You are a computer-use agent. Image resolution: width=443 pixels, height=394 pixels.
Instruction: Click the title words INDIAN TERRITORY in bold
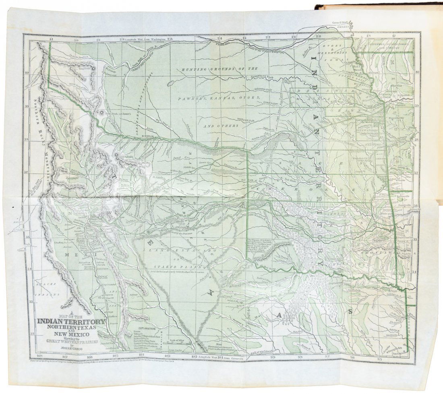coord(71,321)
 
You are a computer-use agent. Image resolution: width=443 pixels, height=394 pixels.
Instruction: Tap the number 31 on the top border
coord(51,39)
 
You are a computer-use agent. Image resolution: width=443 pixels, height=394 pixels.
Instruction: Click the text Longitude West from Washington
coord(145,39)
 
